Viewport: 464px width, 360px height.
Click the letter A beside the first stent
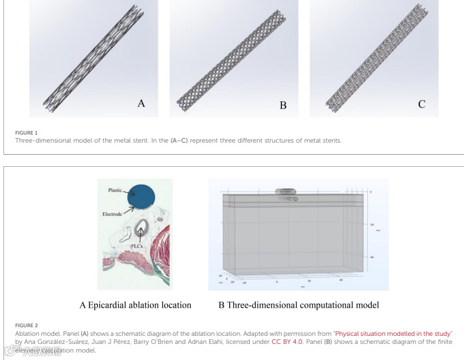tap(141, 104)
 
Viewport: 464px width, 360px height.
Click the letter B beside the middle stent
tap(283, 105)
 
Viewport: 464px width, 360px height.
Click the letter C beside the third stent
tap(421, 104)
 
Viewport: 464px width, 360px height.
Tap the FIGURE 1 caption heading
tap(26, 133)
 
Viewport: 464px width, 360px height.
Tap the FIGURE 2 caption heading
tap(26, 325)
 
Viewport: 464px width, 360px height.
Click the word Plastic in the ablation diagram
tap(115, 190)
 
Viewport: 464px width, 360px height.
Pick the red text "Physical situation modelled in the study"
tap(394, 334)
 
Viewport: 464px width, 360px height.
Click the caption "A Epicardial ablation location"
tap(135, 305)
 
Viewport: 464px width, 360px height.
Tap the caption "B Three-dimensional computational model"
tap(298, 305)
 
